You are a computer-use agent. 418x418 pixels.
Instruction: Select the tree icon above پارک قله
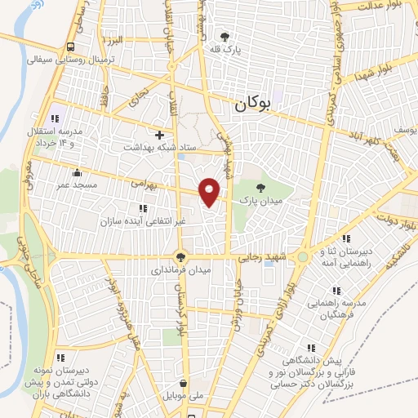point(227,36)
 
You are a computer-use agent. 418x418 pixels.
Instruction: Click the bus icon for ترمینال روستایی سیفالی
point(72,47)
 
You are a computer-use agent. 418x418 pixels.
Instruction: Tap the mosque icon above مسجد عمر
point(77,173)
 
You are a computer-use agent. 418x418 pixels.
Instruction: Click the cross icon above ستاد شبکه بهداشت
point(159,134)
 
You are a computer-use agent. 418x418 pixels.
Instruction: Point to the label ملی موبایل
point(185,397)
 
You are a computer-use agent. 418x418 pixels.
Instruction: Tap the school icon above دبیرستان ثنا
point(346,239)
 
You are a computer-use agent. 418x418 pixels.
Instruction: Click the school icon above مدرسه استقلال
point(56,118)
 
